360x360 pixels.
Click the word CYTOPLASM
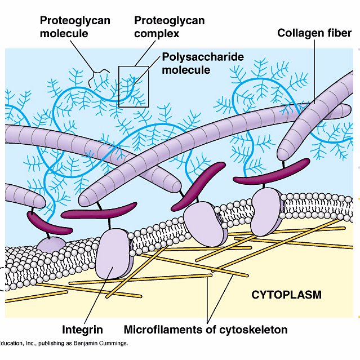(286, 295)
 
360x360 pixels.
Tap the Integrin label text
(83, 329)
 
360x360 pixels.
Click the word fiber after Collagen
(339, 33)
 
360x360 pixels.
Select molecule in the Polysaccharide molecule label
(186, 70)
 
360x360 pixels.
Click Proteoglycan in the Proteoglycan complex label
(169, 21)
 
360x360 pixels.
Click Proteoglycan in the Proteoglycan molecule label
(75, 21)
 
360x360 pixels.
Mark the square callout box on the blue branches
(134, 86)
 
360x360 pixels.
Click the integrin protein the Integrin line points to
(114, 253)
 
